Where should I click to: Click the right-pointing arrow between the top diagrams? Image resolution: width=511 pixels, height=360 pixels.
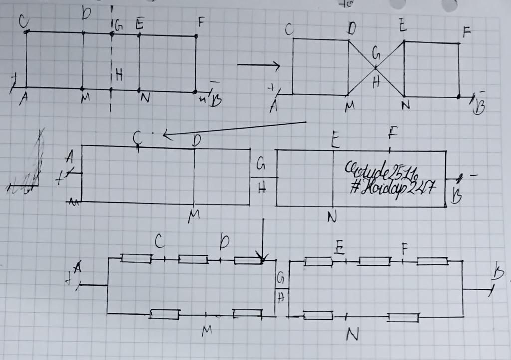point(257,65)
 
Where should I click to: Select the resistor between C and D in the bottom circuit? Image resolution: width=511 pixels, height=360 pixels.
point(193,259)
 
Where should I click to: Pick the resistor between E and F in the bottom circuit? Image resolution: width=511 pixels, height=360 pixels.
point(375,261)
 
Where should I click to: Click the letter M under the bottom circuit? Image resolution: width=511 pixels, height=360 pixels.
point(206,331)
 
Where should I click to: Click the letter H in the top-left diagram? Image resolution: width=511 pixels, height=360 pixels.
point(119,75)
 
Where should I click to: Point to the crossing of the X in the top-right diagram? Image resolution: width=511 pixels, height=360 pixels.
point(376,67)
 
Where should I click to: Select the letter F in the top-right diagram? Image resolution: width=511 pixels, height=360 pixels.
point(467,33)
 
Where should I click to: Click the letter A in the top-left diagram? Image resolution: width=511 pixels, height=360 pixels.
point(23,100)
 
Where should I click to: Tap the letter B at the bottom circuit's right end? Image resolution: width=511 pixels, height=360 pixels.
point(498,273)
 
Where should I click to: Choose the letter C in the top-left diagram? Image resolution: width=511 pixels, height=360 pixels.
point(23,21)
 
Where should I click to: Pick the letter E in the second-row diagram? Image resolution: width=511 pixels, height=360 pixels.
point(335,142)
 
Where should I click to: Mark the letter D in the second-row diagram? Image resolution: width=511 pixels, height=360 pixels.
point(196,141)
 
